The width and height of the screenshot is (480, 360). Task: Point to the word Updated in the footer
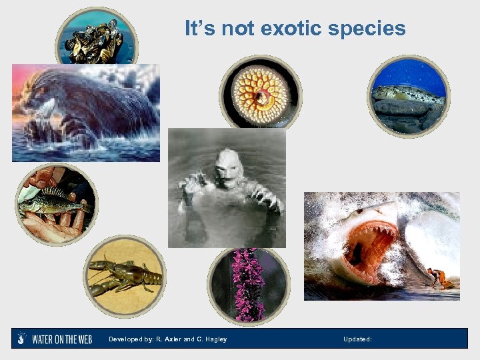tap(357, 339)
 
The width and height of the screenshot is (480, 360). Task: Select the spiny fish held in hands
tap(53, 203)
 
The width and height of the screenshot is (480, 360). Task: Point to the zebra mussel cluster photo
tap(96, 40)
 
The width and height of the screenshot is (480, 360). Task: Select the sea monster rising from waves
tap(83, 110)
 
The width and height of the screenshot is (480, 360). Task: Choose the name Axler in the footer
tap(172, 339)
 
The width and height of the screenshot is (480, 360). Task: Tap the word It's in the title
tap(199, 29)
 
